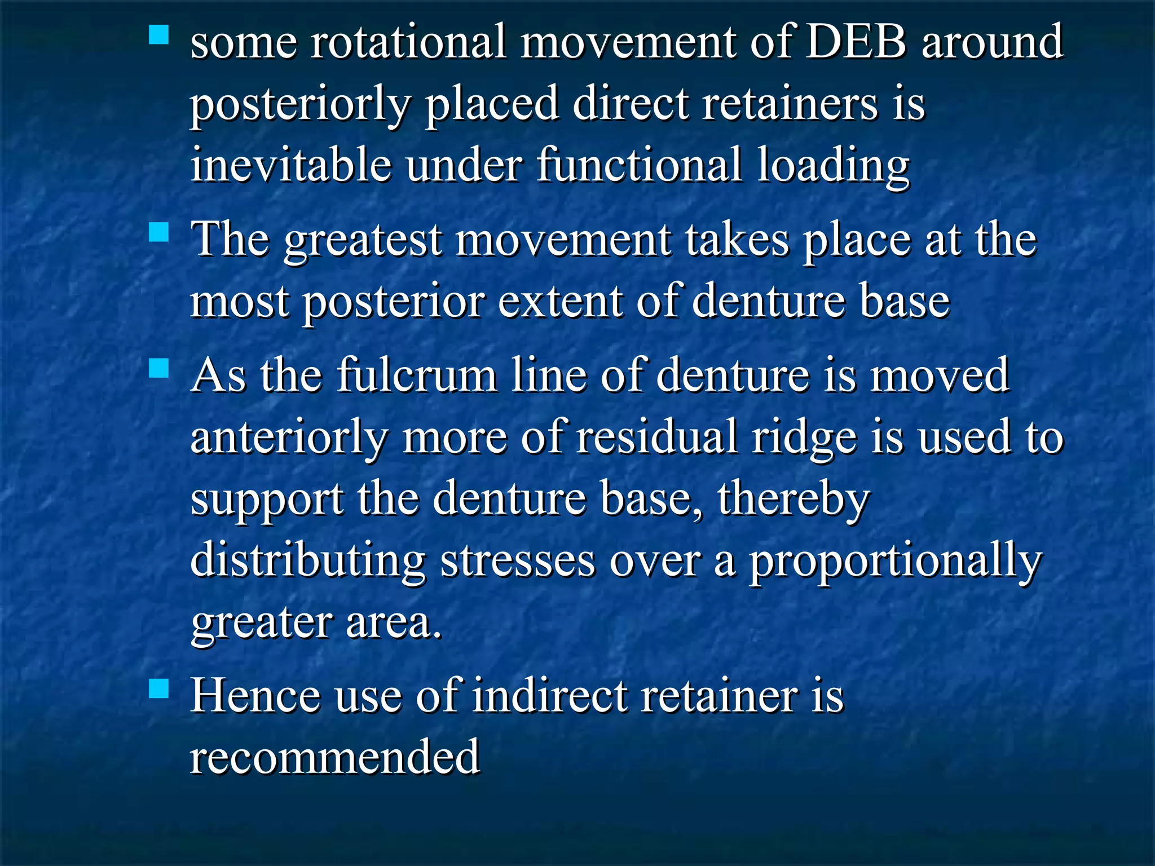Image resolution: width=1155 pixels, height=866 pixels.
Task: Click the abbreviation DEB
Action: (856, 42)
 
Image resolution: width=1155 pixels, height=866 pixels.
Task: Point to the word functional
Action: (639, 165)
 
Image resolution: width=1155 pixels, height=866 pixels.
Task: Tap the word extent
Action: (559, 301)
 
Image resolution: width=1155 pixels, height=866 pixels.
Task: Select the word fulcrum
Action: (417, 375)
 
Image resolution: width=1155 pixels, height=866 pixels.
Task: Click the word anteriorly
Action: (289, 438)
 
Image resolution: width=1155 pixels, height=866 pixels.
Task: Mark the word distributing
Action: (308, 561)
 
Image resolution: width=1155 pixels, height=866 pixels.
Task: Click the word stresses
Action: (517, 561)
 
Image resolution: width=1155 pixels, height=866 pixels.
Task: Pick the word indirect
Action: (550, 696)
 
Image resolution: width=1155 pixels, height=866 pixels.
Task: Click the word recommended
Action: (335, 757)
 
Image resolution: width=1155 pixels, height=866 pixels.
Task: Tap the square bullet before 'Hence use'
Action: (159, 688)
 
